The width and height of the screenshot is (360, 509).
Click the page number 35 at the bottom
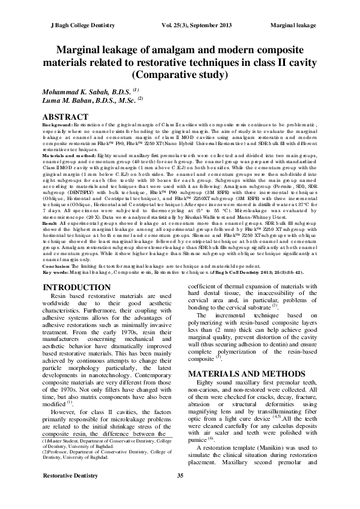tap(180, 494)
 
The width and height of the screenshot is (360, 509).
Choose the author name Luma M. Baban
tap(83, 99)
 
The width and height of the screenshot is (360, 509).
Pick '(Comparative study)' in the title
tap(180, 75)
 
